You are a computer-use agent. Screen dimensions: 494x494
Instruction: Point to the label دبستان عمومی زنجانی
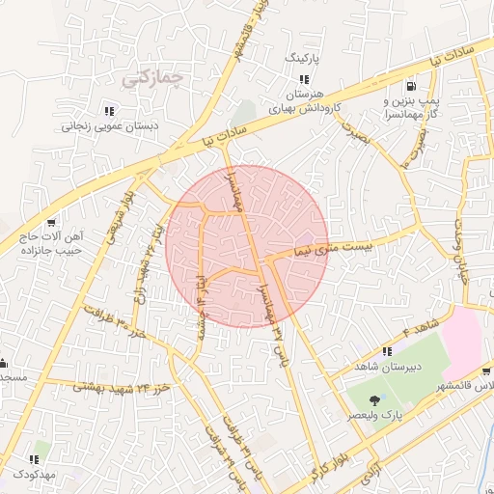110,125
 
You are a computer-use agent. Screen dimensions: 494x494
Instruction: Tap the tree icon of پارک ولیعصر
375,398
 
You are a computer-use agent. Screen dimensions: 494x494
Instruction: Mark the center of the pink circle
246,246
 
